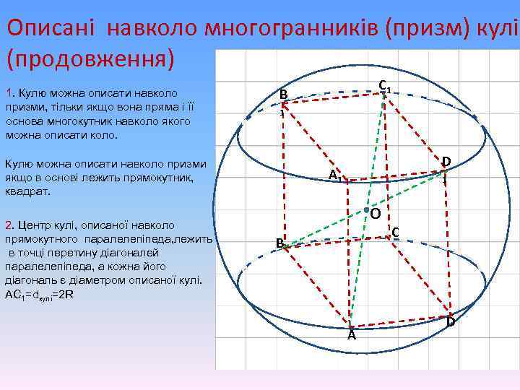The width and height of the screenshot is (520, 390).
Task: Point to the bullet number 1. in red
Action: [9, 94]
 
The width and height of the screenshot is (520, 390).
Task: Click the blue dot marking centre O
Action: [366, 209]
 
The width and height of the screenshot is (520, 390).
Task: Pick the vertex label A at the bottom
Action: [351, 335]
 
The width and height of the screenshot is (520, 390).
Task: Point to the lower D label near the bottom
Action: [451, 321]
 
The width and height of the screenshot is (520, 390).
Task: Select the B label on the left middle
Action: [279, 244]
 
